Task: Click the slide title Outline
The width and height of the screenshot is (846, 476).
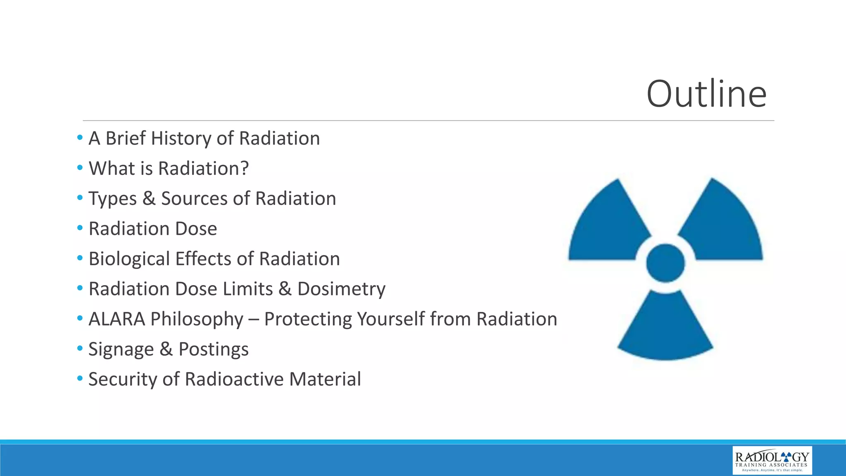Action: (706, 94)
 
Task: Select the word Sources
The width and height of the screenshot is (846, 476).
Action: (194, 199)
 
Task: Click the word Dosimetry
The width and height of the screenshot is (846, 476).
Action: (341, 289)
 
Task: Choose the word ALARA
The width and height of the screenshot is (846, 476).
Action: (116, 319)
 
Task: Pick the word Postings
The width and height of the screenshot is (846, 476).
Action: (213, 350)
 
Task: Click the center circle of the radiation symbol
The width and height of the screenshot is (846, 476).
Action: (665, 263)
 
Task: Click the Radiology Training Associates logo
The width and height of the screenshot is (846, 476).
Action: (772, 460)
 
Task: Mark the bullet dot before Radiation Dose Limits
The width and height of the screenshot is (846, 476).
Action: (80, 288)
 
